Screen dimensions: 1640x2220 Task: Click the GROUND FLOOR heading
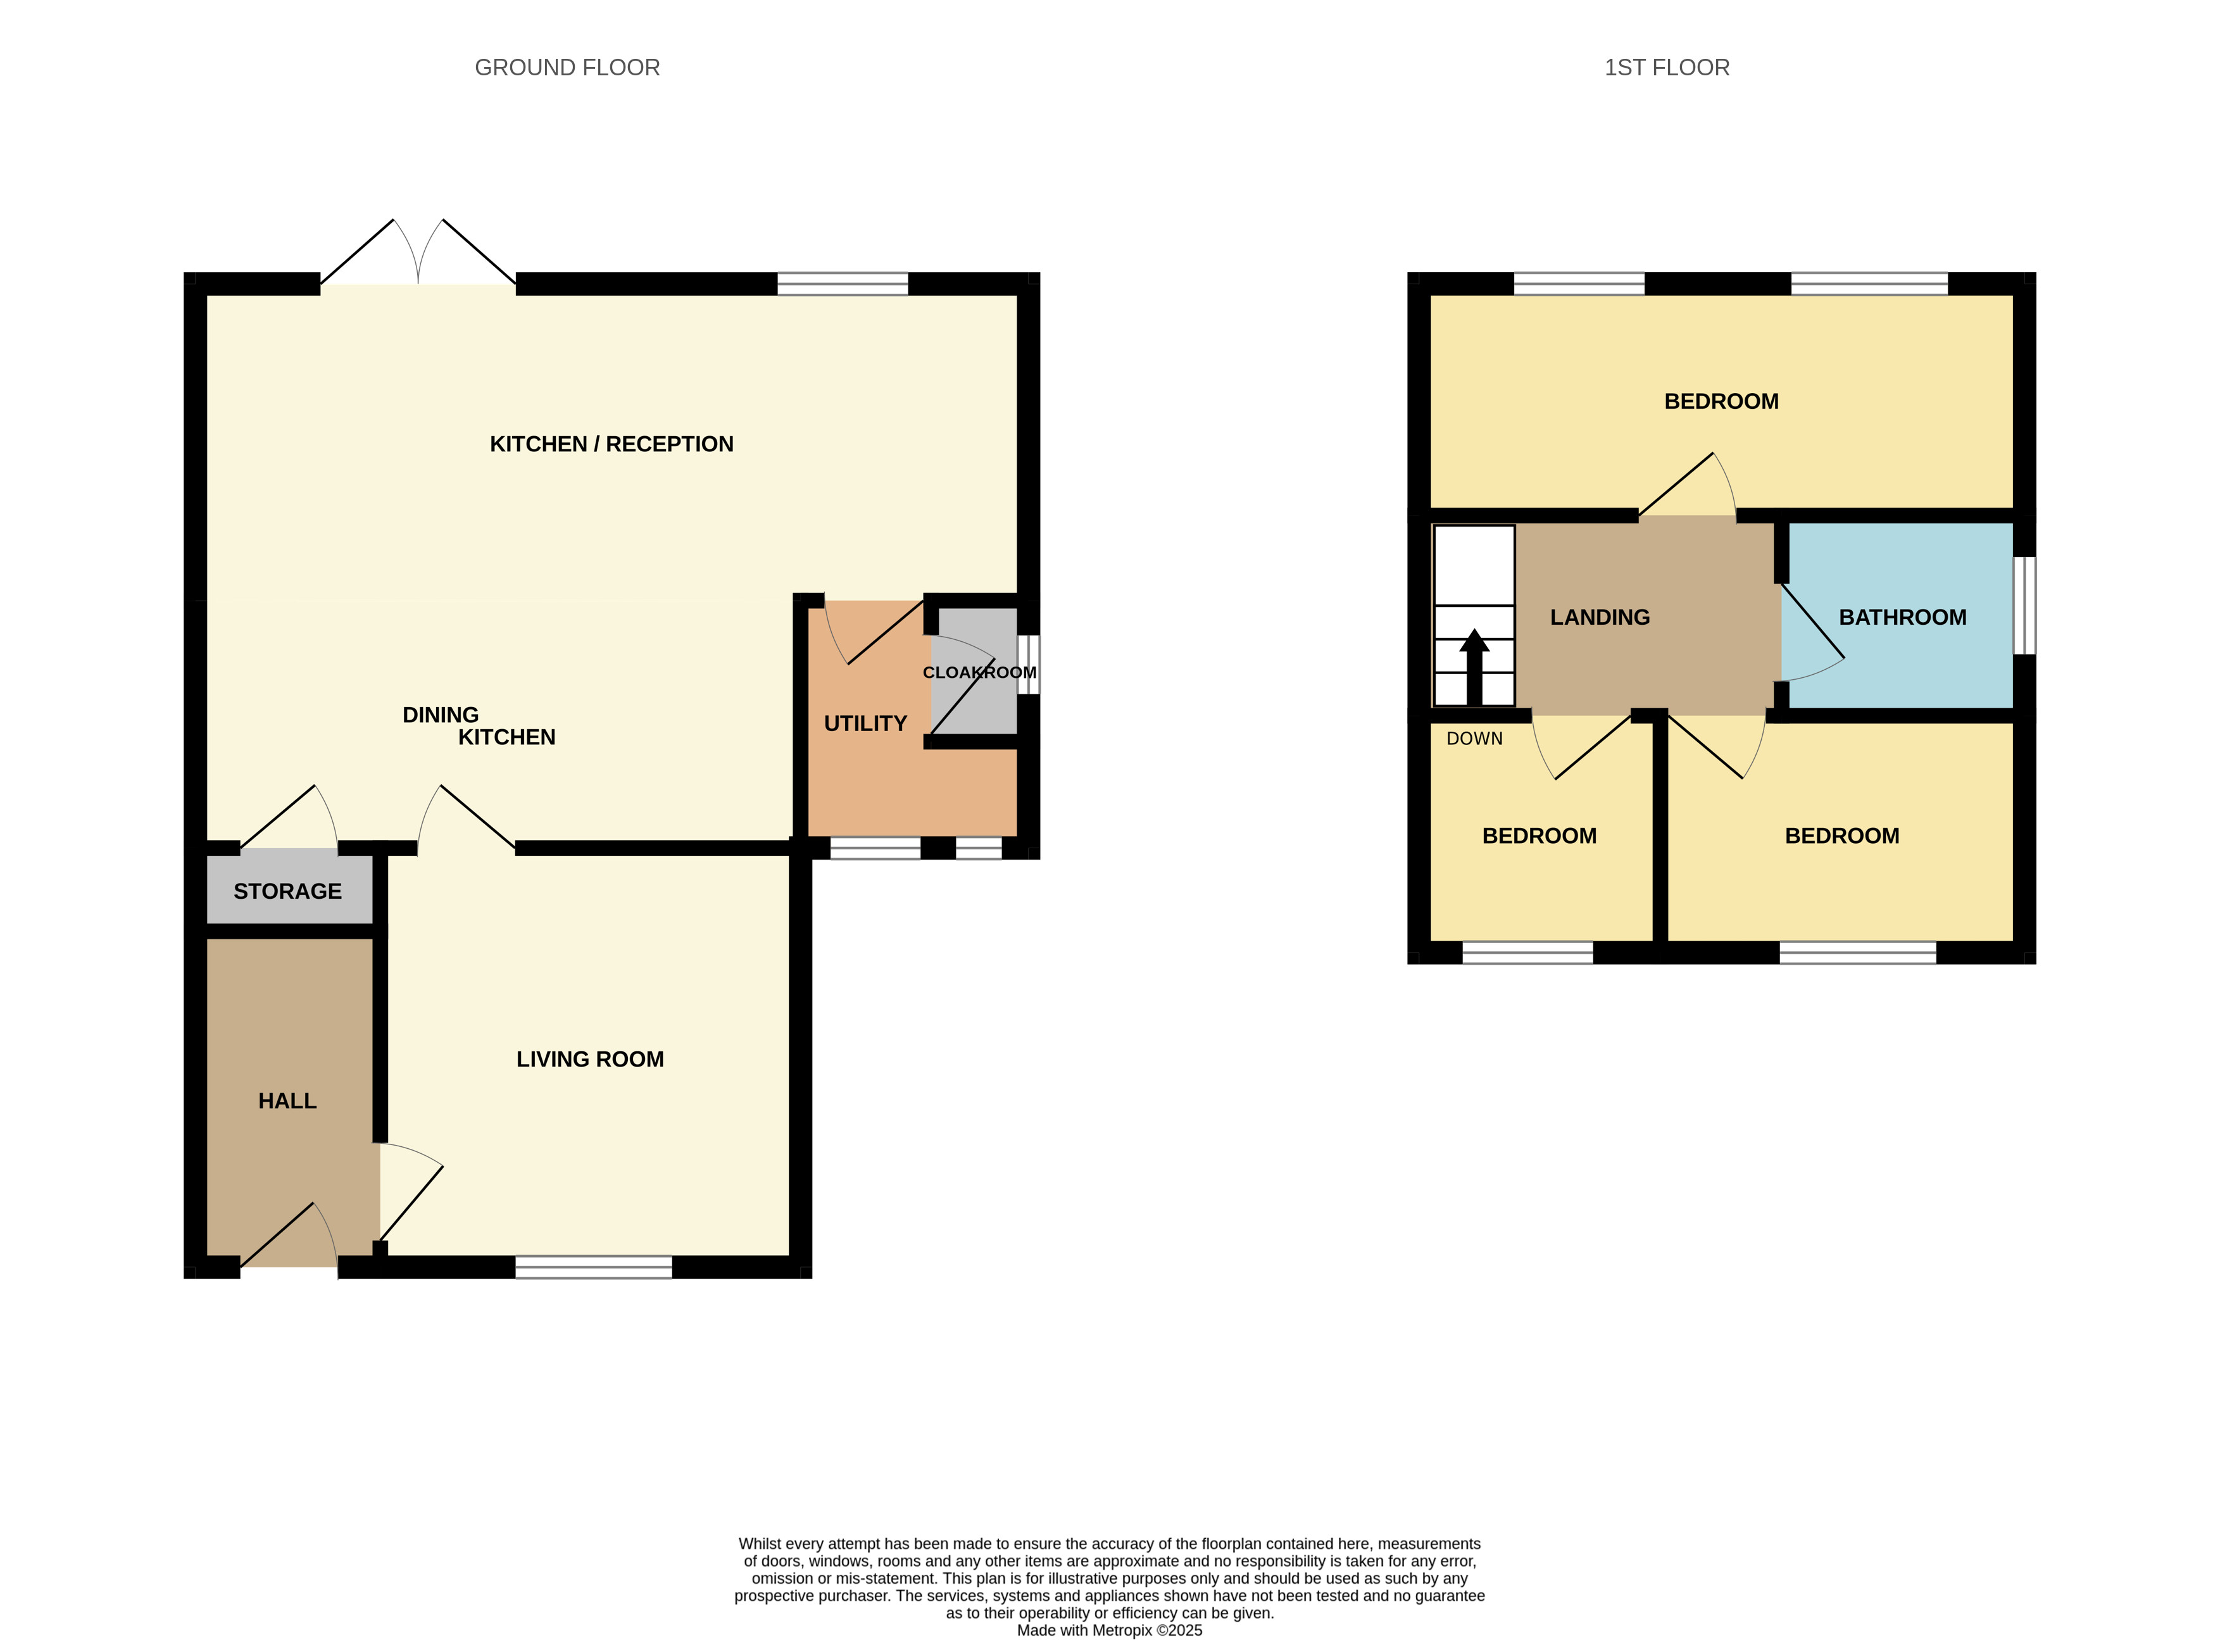pos(567,68)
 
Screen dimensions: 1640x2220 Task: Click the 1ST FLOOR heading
pos(1667,68)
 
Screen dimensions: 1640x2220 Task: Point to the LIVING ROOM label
pos(590,1059)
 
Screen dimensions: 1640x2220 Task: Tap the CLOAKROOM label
pos(979,673)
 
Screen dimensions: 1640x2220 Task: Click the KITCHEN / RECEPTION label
pos(611,444)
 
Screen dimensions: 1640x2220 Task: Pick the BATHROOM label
pos(1902,618)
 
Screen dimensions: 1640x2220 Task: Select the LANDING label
pos(1600,618)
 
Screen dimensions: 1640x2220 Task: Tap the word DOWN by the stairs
pos(1474,739)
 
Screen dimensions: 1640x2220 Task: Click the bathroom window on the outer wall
pos(2024,606)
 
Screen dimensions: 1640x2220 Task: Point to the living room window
pos(594,1267)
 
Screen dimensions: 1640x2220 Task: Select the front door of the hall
pos(289,1239)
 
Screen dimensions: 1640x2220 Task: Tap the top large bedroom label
pos(1721,402)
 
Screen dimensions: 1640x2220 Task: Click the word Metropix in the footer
pos(1119,1630)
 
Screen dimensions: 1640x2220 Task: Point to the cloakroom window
pos(1029,664)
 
